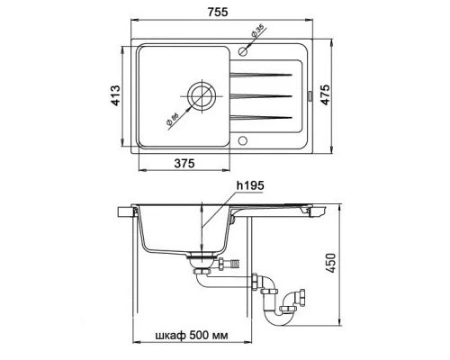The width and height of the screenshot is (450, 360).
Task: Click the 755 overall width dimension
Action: pyautogui.click(x=218, y=12)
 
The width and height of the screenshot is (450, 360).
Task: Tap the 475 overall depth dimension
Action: pyautogui.click(x=325, y=94)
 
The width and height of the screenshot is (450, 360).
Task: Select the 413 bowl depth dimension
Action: pyautogui.click(x=115, y=95)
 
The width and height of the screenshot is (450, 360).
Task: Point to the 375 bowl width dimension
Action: pyautogui.click(x=184, y=163)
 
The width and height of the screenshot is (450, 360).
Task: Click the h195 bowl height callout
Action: pyautogui.click(x=250, y=185)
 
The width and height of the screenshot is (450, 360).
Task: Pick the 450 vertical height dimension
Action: pyautogui.click(x=330, y=263)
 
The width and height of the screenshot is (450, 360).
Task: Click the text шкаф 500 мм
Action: pyautogui.click(x=192, y=335)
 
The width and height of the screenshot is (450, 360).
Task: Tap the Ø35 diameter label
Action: pyautogui.click(x=257, y=31)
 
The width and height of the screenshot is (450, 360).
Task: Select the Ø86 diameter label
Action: pyautogui.click(x=172, y=119)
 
